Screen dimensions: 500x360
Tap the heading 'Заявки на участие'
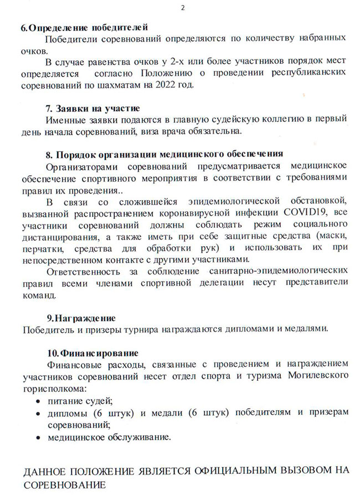pyautogui.click(x=92, y=108)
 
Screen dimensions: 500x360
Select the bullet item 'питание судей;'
pyautogui.click(x=80, y=400)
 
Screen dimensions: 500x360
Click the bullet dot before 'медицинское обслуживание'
pyautogui.click(x=37, y=437)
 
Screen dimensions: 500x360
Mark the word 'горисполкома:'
pyautogui.click(x=54, y=389)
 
